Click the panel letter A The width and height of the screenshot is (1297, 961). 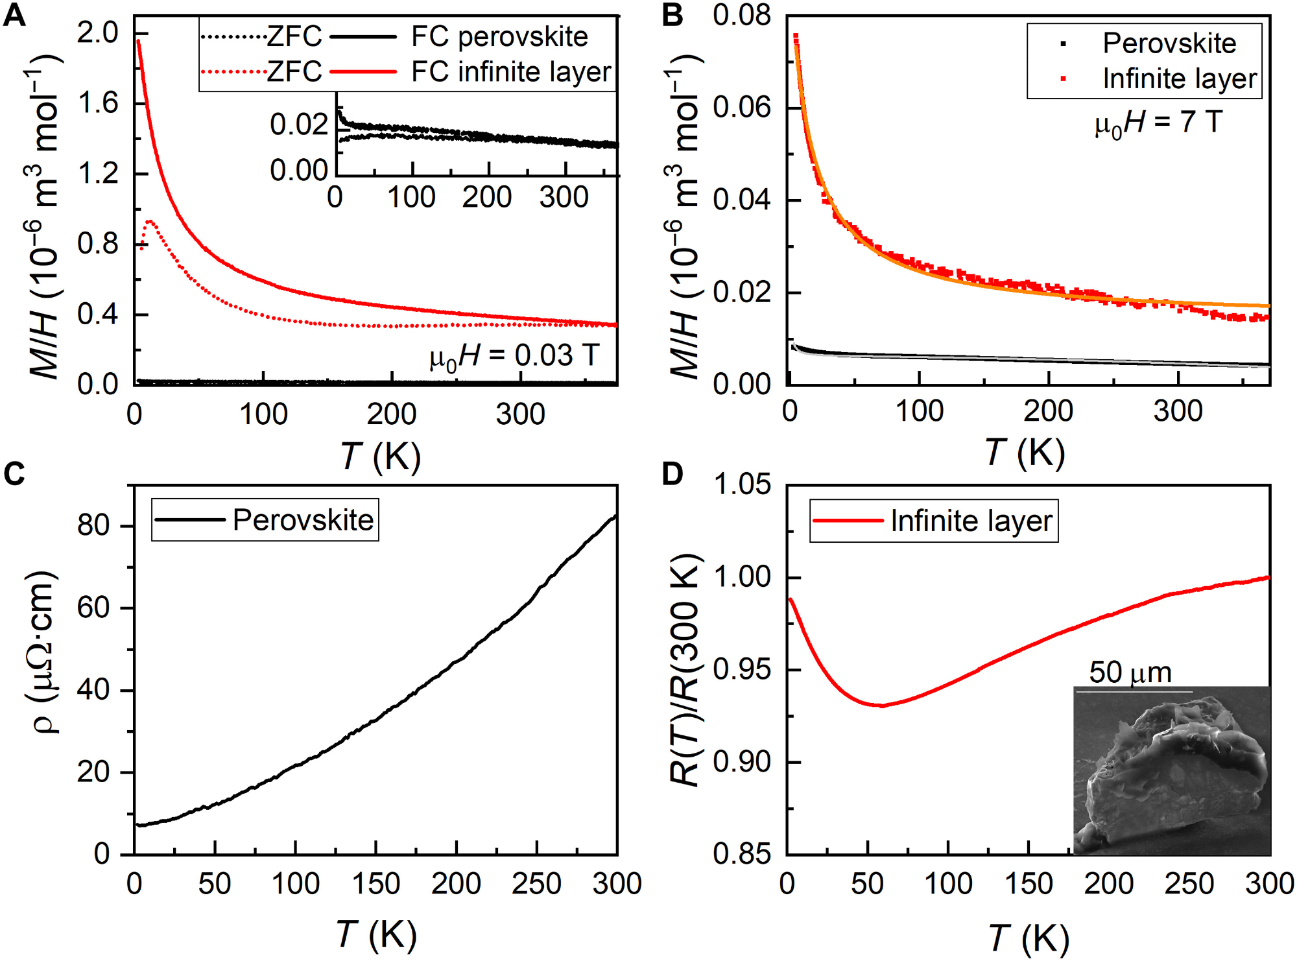(x=14, y=14)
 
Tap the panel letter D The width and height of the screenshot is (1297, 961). (x=672, y=473)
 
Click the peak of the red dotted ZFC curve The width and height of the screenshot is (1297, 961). (x=150, y=222)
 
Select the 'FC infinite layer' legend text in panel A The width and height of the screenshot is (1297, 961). (x=511, y=72)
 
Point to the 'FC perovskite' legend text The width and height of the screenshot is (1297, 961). (x=499, y=37)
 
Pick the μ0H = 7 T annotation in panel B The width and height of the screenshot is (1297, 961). (x=1158, y=123)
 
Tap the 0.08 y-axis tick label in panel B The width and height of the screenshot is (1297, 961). (x=742, y=16)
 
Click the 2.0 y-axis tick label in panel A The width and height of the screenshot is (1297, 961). (x=97, y=32)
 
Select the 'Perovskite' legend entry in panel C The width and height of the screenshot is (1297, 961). (x=303, y=520)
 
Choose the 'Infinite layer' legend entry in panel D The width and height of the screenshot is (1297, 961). (x=971, y=521)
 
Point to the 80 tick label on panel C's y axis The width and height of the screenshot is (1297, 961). (x=93, y=525)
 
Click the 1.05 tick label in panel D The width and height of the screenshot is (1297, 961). (x=742, y=484)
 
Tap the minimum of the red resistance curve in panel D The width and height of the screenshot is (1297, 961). (x=881, y=706)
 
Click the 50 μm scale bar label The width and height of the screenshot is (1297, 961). (x=1130, y=672)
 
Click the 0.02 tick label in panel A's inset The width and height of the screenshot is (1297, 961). (x=299, y=125)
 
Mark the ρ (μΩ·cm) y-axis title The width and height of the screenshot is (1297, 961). (x=43, y=652)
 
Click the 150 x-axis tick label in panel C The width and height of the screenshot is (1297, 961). (x=376, y=884)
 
